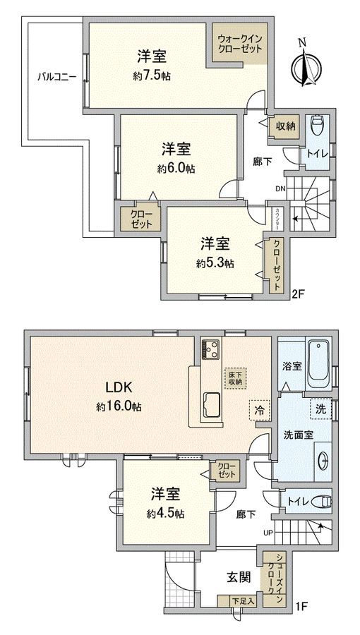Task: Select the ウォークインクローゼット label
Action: pyautogui.click(x=240, y=44)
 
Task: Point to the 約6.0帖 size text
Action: pyautogui.click(x=176, y=169)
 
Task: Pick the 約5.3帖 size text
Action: pyautogui.click(x=215, y=263)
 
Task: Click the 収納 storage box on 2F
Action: pyautogui.click(x=286, y=126)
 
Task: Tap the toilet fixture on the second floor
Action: pyautogui.click(x=317, y=126)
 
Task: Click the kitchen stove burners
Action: pyautogui.click(x=212, y=349)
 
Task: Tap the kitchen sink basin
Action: pyautogui.click(x=211, y=404)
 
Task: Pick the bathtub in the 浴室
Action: pyautogui.click(x=319, y=363)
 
